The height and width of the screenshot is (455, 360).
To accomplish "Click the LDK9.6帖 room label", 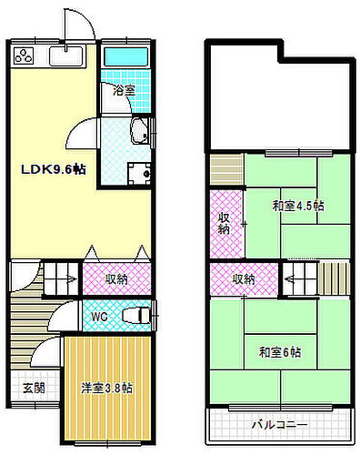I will coord(54,170).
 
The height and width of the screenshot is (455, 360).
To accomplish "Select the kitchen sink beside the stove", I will coord(65,57).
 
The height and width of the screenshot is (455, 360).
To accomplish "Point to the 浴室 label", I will coord(125,92).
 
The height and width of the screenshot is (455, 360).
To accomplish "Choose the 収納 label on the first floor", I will coord(115,278).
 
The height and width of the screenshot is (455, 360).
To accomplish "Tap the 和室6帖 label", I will coord(279,352).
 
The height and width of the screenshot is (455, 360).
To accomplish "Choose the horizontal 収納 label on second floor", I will coord(243,278).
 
